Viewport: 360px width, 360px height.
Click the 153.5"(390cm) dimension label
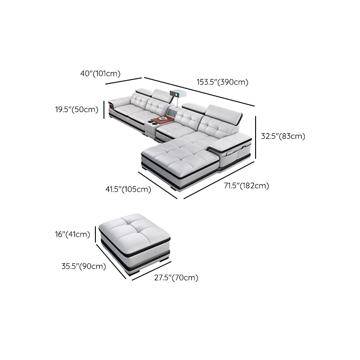222,82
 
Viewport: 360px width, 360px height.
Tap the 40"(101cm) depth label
100,74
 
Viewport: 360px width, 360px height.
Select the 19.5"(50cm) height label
76,109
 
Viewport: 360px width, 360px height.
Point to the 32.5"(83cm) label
283,136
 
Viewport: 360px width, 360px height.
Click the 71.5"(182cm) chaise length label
247,185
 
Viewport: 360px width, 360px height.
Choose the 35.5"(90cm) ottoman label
84,266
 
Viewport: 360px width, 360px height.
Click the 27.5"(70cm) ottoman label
176,278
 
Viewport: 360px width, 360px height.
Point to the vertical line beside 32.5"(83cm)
256,137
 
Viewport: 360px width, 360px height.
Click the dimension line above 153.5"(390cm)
199,92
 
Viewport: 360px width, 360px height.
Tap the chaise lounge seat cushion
180,153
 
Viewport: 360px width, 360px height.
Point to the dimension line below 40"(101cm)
123,81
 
